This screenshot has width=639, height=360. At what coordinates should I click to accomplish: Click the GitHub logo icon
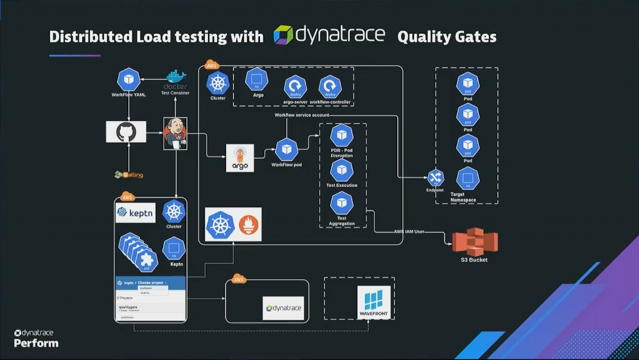126,132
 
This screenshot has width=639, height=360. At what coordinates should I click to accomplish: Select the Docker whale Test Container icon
175,80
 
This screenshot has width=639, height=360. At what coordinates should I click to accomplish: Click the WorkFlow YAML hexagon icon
129,80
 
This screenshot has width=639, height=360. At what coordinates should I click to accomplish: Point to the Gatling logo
129,175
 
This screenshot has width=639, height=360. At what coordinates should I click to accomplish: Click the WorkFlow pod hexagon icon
286,150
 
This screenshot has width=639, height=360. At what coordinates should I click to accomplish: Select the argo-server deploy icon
295,87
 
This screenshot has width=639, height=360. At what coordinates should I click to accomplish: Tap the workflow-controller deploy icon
330,87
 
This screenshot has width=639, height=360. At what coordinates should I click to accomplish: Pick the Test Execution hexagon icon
341,170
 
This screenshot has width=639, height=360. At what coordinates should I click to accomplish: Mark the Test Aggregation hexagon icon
341,203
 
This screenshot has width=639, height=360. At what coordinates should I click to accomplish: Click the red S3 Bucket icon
475,241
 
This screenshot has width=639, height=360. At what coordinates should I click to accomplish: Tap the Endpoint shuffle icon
435,178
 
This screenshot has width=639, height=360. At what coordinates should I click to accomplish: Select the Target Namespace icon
467,179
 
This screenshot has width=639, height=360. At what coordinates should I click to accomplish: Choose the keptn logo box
135,214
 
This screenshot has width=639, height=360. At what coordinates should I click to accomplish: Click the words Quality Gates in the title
447,36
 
